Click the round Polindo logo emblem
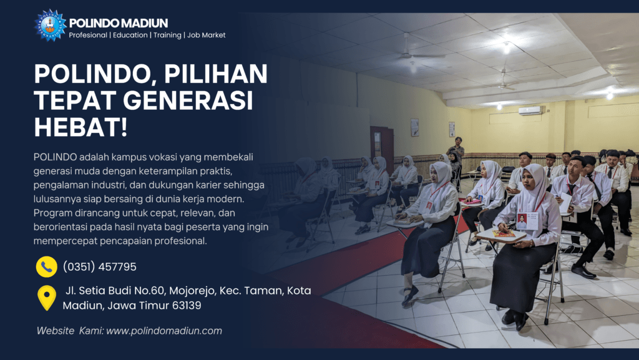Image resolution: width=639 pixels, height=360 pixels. tap(50, 25)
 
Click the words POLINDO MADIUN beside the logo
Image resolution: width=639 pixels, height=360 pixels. tap(119, 23)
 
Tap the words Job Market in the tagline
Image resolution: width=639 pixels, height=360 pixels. tap(206, 35)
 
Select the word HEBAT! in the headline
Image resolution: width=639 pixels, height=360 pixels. tap(80, 127)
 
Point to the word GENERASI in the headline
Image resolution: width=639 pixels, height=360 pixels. tap(188, 100)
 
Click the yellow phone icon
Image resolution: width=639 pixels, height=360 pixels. tap(46, 267)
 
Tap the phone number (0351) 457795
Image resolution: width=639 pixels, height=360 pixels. tap(100, 267)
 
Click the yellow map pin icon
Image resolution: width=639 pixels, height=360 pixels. tap(47, 298)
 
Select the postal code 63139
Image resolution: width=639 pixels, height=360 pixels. tap(187, 306)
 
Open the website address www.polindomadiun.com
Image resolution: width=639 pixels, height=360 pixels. tap(164, 331)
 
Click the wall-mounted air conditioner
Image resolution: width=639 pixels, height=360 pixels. tap(530, 110)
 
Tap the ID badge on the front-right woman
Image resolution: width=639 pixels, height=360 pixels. tap(527, 221)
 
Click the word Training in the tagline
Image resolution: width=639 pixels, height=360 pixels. tap(167, 35)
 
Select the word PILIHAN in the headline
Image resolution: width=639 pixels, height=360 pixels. tap(215, 74)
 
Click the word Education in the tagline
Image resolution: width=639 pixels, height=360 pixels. tap(130, 35)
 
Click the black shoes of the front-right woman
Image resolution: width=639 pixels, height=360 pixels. tap(515, 318)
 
